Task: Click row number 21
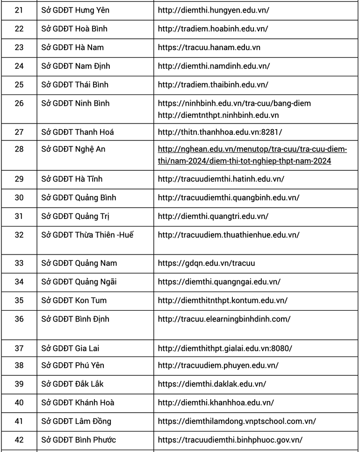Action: pyautogui.click(x=19, y=10)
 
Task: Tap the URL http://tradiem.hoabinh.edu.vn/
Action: pyautogui.click(x=213, y=29)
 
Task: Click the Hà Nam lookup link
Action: pyautogui.click(x=209, y=47)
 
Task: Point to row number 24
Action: pyautogui.click(x=19, y=66)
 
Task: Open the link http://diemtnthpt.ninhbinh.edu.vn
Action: pyautogui.click(x=218, y=115)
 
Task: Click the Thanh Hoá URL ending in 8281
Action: pyautogui.click(x=220, y=132)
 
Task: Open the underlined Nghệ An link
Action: pyautogui.click(x=252, y=155)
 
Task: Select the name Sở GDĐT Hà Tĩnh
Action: pyautogui.click(x=72, y=179)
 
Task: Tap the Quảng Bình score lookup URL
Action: pyautogui.click(x=229, y=197)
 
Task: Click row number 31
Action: pyautogui.click(x=19, y=216)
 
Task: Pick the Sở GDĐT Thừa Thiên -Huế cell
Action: pyautogui.click(x=87, y=235)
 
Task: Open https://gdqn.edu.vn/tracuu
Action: pyautogui.click(x=206, y=263)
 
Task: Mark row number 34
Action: pyautogui.click(x=19, y=282)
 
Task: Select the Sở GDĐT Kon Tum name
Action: pyautogui.click(x=74, y=300)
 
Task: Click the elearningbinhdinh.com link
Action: pyautogui.click(x=224, y=319)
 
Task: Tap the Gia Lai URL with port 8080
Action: pyautogui.click(x=225, y=348)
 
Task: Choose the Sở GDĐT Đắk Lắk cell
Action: pyautogui.click(x=72, y=384)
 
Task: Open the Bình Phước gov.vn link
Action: pyautogui.click(x=230, y=440)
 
